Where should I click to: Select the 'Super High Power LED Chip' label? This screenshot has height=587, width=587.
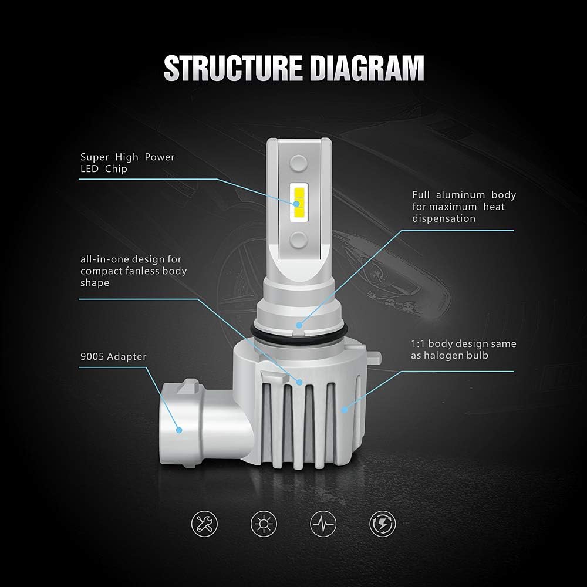tap(127, 163)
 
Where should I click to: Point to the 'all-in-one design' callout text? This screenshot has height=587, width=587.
tap(133, 271)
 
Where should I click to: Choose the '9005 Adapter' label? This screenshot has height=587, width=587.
tap(113, 356)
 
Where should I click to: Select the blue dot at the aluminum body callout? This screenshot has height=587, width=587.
tap(299, 324)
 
